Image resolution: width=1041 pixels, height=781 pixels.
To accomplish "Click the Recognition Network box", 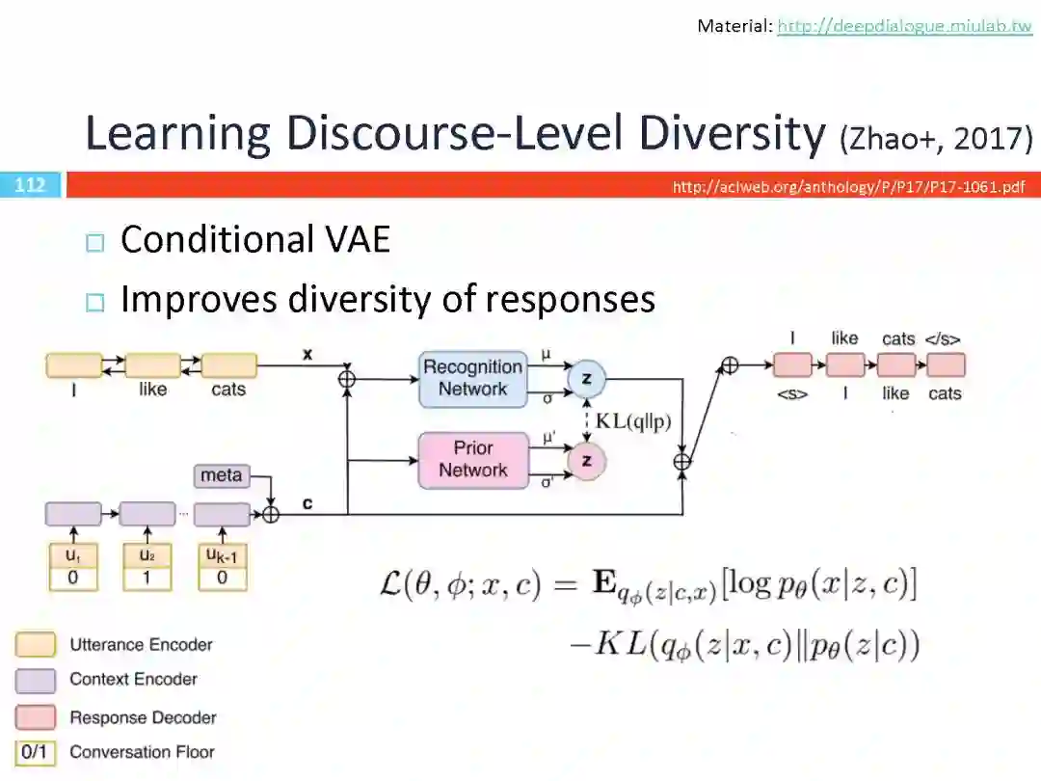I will pos(473,378).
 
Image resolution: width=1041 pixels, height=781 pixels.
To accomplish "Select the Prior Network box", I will pos(473,459).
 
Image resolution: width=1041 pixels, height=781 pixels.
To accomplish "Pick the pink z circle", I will pos(586,461).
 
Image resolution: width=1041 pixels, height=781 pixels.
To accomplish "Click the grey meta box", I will pos(221,475).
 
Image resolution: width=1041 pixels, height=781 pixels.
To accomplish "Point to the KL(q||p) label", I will pos(632,420).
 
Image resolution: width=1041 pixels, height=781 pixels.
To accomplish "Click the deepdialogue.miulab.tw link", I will pos(904,26).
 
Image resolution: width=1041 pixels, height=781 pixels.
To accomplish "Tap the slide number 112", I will pos(30,184).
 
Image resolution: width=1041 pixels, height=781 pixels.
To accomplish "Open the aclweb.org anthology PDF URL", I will pos(848,186).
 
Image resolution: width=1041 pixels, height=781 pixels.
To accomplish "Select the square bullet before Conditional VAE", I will pos(93,242).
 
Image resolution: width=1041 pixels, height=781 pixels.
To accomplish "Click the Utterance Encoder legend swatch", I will pos(35,644).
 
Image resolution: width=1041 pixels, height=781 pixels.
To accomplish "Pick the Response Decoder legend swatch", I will pos(35,717).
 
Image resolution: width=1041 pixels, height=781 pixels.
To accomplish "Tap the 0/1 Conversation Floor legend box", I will pos(35,752).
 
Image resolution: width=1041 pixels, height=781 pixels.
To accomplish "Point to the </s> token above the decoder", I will pos(942,338).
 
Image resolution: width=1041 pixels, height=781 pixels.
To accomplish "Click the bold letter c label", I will pos(307,503).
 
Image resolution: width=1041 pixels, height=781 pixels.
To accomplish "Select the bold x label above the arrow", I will pos(307,354).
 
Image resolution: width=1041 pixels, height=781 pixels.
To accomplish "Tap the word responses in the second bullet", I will pos(571,300).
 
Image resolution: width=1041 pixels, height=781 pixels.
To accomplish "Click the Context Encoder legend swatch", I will pos(35,680).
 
